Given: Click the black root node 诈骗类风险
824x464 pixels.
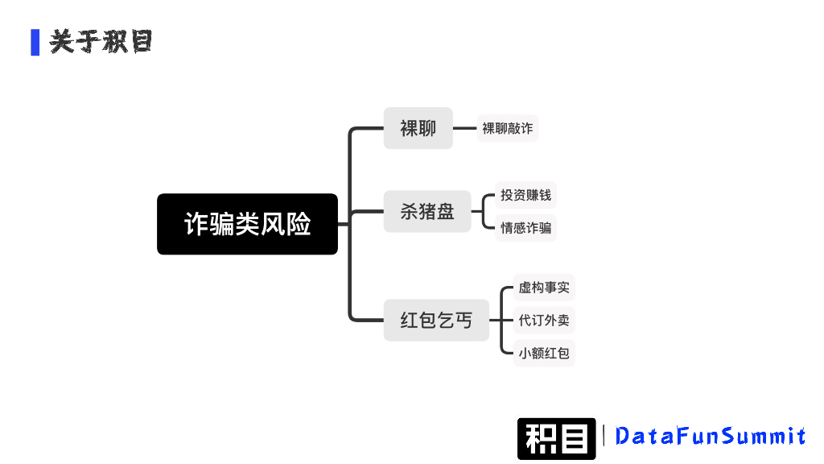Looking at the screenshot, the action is pyautogui.click(x=247, y=224).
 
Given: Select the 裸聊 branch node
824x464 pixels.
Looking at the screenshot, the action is pyautogui.click(x=418, y=128).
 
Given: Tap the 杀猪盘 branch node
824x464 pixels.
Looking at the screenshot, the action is pyautogui.click(x=427, y=212).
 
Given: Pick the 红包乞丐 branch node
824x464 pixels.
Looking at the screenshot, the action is pyautogui.click(x=436, y=320).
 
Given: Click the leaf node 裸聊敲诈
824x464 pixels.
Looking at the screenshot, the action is pyautogui.click(x=507, y=128).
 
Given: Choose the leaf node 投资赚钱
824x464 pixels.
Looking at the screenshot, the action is pyautogui.click(x=525, y=195).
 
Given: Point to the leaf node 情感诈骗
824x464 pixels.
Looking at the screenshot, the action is pyautogui.click(x=525, y=228).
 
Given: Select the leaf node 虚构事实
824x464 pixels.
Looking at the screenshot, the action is pyautogui.click(x=544, y=288).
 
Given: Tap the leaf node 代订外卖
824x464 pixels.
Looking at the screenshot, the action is pyautogui.click(x=544, y=320).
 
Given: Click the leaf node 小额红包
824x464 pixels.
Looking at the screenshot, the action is pyautogui.click(x=544, y=353).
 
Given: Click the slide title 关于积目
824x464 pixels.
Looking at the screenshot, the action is pyautogui.click(x=101, y=42).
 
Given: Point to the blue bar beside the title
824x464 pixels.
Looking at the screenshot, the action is pyautogui.click(x=35, y=42).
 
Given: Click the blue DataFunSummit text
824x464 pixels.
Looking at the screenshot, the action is pyautogui.click(x=710, y=436).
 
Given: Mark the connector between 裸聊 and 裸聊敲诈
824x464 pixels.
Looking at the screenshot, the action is pyautogui.click(x=464, y=128).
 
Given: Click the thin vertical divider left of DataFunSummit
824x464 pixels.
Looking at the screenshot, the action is pyautogui.click(x=604, y=436).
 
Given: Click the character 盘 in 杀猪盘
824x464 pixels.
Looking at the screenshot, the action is pyautogui.click(x=445, y=212).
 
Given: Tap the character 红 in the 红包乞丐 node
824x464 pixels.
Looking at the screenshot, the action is pyautogui.click(x=410, y=320).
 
